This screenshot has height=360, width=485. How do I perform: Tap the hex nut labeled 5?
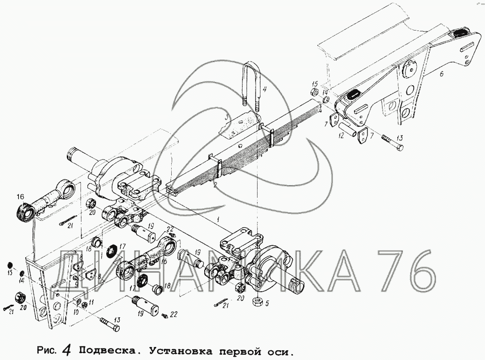(x=257, y=302)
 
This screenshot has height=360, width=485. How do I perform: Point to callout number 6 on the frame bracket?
(x=441, y=74)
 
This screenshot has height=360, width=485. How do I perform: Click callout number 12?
(x=341, y=135)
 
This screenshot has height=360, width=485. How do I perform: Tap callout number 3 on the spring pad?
(x=226, y=118)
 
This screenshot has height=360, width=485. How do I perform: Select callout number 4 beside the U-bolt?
(x=264, y=90)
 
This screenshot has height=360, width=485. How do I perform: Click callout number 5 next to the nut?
(x=267, y=304)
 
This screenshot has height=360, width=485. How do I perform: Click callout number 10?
(x=76, y=313)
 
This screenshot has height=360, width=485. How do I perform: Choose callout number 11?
(x=91, y=302)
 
